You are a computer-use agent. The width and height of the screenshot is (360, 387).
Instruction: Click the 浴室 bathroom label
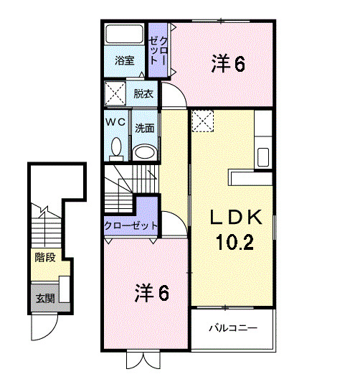[125, 60]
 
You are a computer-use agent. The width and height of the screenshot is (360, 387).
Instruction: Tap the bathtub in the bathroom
[125, 35]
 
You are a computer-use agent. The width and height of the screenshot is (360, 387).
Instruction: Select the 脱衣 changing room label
[143, 93]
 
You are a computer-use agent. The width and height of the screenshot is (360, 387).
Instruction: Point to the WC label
[115, 122]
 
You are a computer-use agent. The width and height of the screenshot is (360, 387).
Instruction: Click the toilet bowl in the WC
[115, 148]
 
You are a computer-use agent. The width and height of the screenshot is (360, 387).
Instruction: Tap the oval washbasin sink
[145, 151]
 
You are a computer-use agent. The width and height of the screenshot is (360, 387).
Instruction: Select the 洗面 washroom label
[145, 129]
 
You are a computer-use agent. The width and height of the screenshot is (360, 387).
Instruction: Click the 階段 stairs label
[45, 256]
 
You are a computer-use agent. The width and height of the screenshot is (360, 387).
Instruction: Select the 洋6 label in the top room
[228, 64]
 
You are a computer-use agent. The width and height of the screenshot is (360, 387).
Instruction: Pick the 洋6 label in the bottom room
[152, 292]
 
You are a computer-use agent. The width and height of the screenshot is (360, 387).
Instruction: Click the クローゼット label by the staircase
[131, 226]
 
